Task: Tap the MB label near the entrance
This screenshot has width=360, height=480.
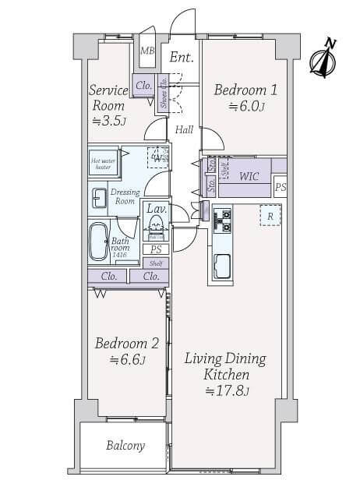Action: pyautogui.click(x=146, y=51)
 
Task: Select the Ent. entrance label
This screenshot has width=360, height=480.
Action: pyautogui.click(x=181, y=57)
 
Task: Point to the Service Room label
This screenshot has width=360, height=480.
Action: pyautogui.click(x=108, y=98)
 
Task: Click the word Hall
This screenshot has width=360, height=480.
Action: pyautogui.click(x=184, y=130)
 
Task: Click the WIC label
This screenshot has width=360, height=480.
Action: pyautogui.click(x=249, y=176)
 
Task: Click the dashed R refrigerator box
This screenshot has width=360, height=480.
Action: pyautogui.click(x=269, y=215)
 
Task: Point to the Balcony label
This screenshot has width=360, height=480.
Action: pyautogui.click(x=125, y=446)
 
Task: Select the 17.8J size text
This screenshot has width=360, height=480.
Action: pyautogui.click(x=226, y=390)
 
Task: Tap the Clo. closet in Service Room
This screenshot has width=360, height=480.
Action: pyautogui.click(x=143, y=86)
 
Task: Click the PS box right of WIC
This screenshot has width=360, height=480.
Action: pyautogui.click(x=281, y=187)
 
